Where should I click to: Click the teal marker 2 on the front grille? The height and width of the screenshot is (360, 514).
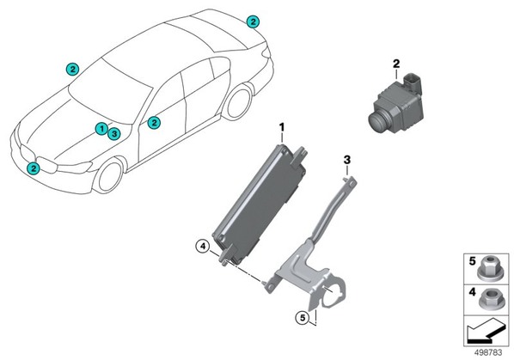34,168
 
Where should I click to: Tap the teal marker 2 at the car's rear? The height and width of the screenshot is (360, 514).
253,22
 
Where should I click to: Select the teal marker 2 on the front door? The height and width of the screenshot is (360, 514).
154,123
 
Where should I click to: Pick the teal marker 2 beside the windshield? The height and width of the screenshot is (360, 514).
72,69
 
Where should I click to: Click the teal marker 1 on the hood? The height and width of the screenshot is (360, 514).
101,129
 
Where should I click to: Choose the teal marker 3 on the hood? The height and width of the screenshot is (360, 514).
113,134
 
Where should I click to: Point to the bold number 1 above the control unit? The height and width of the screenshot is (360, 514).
282,127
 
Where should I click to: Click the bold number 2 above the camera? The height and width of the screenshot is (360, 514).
396,64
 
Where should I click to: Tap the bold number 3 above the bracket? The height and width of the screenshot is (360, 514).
346,160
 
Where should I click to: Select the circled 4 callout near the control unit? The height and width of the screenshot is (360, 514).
203,246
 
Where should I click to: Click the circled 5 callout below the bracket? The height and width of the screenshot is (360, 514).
303,317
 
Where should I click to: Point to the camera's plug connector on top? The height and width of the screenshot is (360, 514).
412,82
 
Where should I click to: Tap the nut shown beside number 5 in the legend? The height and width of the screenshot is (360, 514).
488,269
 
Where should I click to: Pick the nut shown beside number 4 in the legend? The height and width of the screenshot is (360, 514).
488,300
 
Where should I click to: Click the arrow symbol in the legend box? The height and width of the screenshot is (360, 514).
486,333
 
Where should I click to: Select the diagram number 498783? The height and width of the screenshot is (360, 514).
488,352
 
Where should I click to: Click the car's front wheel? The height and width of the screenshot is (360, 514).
110,177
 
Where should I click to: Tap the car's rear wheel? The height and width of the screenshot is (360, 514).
238,103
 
